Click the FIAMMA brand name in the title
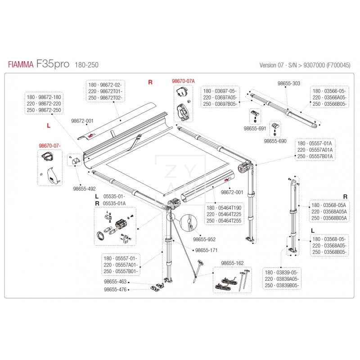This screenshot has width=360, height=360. pos(21,64)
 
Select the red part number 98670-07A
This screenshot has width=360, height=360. pos(183,81)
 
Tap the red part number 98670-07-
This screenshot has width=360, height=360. pos(49,145)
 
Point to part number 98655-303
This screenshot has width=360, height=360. pos(289,83)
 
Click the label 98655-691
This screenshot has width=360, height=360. pos(255,129)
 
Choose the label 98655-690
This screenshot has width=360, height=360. pos(275,141)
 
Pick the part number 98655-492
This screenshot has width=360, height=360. pos(84,189)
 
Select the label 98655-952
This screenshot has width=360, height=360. pos(204,239)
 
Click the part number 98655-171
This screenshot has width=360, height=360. pos(206,250)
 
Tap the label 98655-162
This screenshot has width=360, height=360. pos(232,263)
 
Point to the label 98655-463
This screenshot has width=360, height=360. pos(115,282)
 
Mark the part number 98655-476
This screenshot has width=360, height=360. pos(115,289)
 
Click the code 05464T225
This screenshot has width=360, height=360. pos(229,214)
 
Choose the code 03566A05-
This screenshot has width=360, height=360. pos(335,97)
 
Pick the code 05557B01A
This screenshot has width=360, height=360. pos(321,156)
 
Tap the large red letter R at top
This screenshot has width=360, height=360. pos(150,82)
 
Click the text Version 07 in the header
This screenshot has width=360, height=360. pos(271,65)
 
